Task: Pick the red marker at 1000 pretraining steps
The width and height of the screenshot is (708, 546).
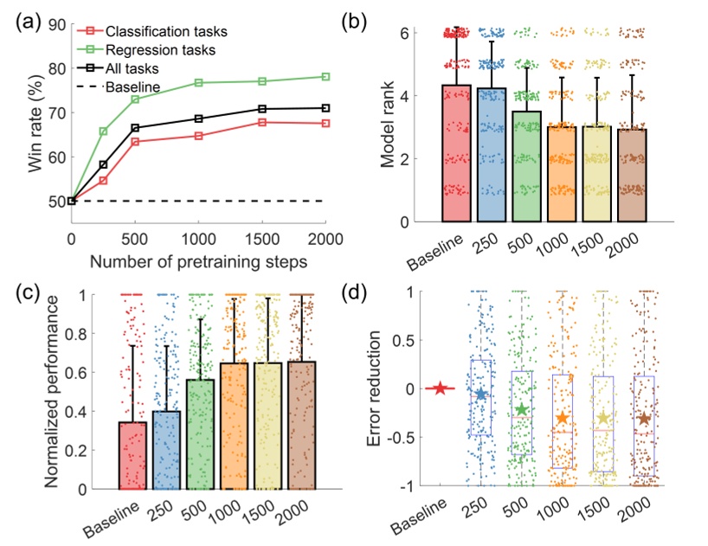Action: [198, 136]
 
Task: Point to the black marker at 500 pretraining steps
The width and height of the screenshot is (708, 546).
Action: [135, 128]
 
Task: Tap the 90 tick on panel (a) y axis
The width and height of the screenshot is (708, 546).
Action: [55, 24]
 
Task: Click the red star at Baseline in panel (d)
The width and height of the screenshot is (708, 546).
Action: [440, 389]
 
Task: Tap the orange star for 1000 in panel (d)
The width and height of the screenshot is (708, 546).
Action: [563, 419]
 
